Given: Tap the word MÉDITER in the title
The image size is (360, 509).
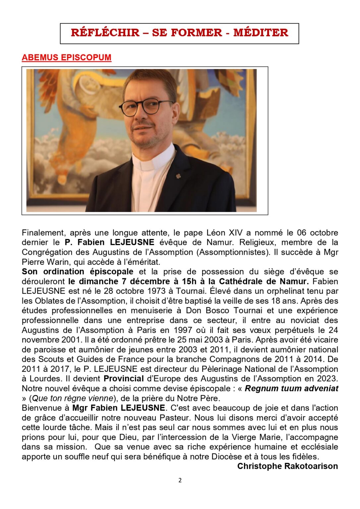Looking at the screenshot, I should click(261, 33).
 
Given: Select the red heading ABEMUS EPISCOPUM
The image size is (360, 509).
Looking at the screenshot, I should click(66, 57).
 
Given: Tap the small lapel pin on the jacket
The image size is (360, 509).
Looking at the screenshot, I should click(178, 176).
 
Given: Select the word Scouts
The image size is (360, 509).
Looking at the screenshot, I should click(51, 359).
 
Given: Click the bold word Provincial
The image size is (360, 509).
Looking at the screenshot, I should click(124, 378).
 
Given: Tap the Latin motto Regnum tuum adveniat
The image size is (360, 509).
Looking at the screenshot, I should click(291, 388).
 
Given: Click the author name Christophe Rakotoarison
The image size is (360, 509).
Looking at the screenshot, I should click(287, 466).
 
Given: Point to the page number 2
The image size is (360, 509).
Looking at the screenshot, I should click(180, 481).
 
